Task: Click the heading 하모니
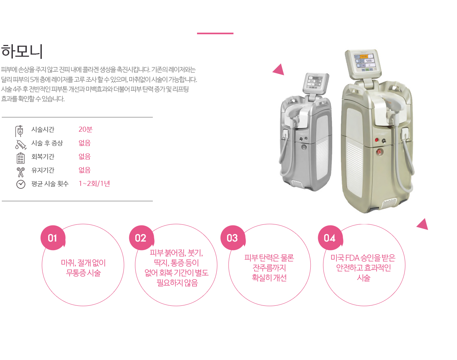pos(22,51)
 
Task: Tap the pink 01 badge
pos(53,238)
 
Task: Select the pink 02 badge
pos(141,238)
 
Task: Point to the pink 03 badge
pos(233,238)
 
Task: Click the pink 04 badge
pos(330,238)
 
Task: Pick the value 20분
pos(85,129)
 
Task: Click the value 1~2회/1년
pos(94,184)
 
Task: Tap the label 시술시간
pos(43,130)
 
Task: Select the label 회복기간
pos(43,157)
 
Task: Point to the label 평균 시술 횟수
pos(50,184)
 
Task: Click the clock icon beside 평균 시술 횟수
pos(21,184)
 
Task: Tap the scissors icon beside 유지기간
pos(21,172)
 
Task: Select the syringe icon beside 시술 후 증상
pos(21,145)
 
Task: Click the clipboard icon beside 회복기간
pos(21,158)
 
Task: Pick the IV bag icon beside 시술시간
pos(20,131)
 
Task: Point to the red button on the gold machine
pos(377,140)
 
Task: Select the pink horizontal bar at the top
pos(215,33)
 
